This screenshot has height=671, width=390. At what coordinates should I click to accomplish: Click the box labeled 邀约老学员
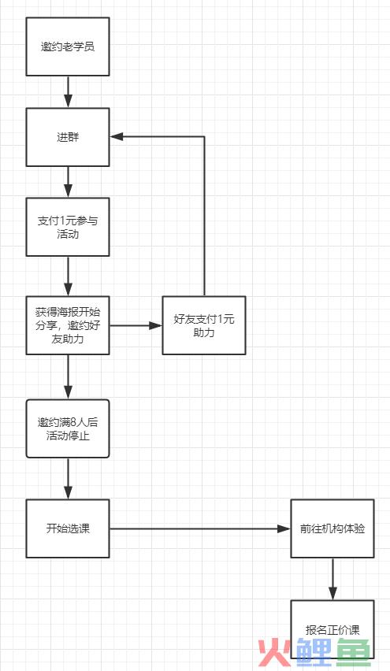pos(68,46)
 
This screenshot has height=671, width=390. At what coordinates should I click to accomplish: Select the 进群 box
pos(68,137)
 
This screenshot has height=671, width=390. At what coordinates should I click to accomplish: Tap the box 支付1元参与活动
pos(68,227)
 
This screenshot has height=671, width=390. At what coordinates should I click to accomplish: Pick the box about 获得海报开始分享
pos(68,325)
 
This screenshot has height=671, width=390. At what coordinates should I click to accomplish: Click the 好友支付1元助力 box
pos(204,325)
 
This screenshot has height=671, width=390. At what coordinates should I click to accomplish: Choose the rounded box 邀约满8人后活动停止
pos(68,428)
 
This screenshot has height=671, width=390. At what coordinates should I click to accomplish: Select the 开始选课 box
pos(68,528)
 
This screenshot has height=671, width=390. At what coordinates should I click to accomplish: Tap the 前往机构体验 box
pos(332,528)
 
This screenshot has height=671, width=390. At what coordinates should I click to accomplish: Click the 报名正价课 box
pos(332,629)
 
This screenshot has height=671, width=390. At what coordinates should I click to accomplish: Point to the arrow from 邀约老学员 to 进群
pos(68,92)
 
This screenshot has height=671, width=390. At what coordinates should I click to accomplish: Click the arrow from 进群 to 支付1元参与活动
pos(68,182)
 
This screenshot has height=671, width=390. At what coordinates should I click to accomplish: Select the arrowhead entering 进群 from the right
pos(117,136)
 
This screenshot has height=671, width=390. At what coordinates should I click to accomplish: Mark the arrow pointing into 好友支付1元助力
pos(136,325)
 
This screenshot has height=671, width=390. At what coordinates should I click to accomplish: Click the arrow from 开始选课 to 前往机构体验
pos(200,528)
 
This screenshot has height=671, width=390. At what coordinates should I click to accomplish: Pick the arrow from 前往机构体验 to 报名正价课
pos(332,579)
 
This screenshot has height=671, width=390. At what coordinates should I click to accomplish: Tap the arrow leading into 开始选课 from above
pos(68,478)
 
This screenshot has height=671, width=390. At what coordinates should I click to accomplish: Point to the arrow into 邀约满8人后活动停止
pos(68,377)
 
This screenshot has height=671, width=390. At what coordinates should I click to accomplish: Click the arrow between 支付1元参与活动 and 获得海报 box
pos(68,276)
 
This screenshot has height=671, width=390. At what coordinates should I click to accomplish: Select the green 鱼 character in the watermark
pos(353,653)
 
